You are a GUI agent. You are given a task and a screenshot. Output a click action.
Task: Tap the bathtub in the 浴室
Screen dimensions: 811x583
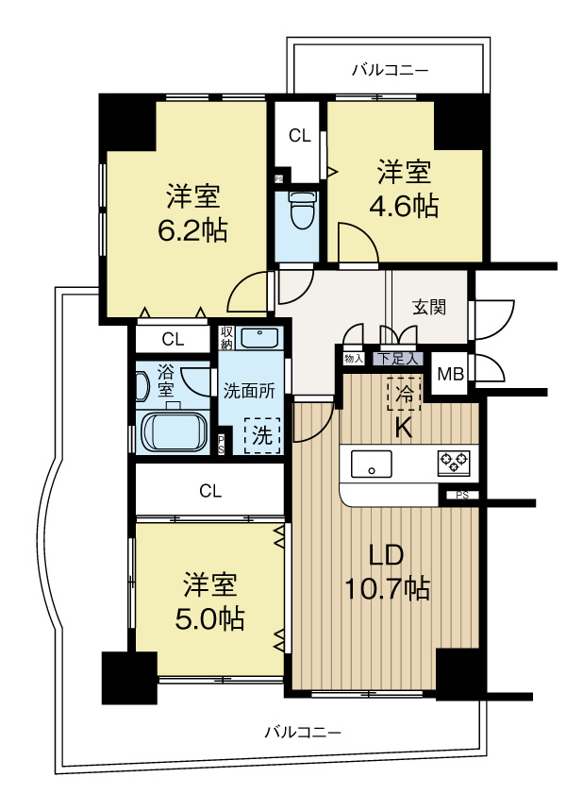pos(173,431)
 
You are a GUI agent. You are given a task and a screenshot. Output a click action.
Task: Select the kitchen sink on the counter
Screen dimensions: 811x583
pos(372,464)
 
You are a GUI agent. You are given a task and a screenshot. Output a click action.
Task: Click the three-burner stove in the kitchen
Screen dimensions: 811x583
pos(453,463)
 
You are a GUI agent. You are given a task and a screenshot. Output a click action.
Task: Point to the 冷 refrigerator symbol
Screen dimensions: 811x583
pos(404,395)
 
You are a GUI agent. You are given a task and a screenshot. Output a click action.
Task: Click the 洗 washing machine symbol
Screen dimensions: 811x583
pos(261,435)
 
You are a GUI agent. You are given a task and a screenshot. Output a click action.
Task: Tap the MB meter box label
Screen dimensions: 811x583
pos(450,374)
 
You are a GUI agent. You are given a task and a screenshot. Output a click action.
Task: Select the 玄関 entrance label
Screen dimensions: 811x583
pos(429,307)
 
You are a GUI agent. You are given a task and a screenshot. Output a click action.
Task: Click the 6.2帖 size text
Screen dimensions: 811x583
pos(193,230)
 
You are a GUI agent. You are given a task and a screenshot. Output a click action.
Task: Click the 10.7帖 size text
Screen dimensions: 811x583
pos(387,589)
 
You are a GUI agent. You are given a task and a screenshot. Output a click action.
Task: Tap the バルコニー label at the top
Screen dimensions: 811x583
pos(390,69)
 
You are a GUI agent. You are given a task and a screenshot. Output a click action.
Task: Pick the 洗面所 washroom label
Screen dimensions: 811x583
pos(249,391)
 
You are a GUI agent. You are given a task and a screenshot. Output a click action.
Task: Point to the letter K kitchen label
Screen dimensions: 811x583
pos(403,427)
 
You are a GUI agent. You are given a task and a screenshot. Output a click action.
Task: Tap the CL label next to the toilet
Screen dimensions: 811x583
pos(299,136)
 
